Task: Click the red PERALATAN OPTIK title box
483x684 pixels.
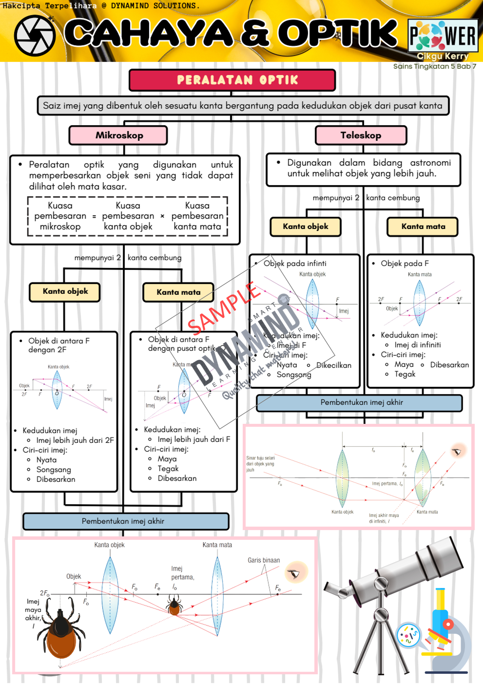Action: pos(232,80)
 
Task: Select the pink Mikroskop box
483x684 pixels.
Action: pos(118,135)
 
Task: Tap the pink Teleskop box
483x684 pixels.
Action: pos(361,135)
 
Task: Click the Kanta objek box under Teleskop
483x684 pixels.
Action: pos(305,227)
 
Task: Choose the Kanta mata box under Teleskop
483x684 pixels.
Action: pos(423,227)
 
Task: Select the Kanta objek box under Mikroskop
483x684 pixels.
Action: pos(65,292)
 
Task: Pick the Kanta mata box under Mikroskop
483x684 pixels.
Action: pos(178,292)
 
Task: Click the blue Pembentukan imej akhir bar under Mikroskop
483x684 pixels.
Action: pos(126,521)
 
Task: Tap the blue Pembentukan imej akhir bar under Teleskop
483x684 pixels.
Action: pos(359,403)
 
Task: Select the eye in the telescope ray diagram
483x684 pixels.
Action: pos(458,451)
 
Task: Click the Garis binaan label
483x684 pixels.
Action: pos(263,560)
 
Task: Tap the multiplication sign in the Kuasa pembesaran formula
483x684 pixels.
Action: pos(162,216)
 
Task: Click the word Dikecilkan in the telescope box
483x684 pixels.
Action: pos(334,365)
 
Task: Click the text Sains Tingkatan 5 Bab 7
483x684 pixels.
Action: pos(434,66)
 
